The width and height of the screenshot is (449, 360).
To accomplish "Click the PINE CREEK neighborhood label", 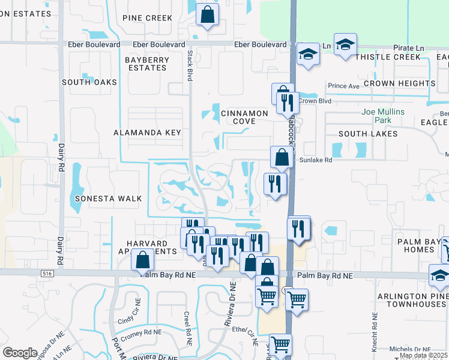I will (x=147, y=18).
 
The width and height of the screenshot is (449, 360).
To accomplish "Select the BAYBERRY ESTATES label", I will (x=146, y=64).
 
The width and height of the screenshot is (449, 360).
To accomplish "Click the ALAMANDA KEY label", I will (x=147, y=133).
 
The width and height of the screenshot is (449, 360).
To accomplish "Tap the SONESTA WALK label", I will (x=108, y=198).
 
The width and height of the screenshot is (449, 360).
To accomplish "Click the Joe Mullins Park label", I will (x=383, y=116).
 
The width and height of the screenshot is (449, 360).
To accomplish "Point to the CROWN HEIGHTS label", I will (x=399, y=83).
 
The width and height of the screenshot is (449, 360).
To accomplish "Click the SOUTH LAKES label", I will (x=367, y=134).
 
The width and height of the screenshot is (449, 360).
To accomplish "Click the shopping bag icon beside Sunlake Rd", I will (x=282, y=158).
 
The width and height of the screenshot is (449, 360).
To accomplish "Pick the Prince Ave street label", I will (x=343, y=86).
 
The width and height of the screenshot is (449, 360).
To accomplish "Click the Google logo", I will (x=20, y=352).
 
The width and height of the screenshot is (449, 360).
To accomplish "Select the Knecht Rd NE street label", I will (x=375, y=324).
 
